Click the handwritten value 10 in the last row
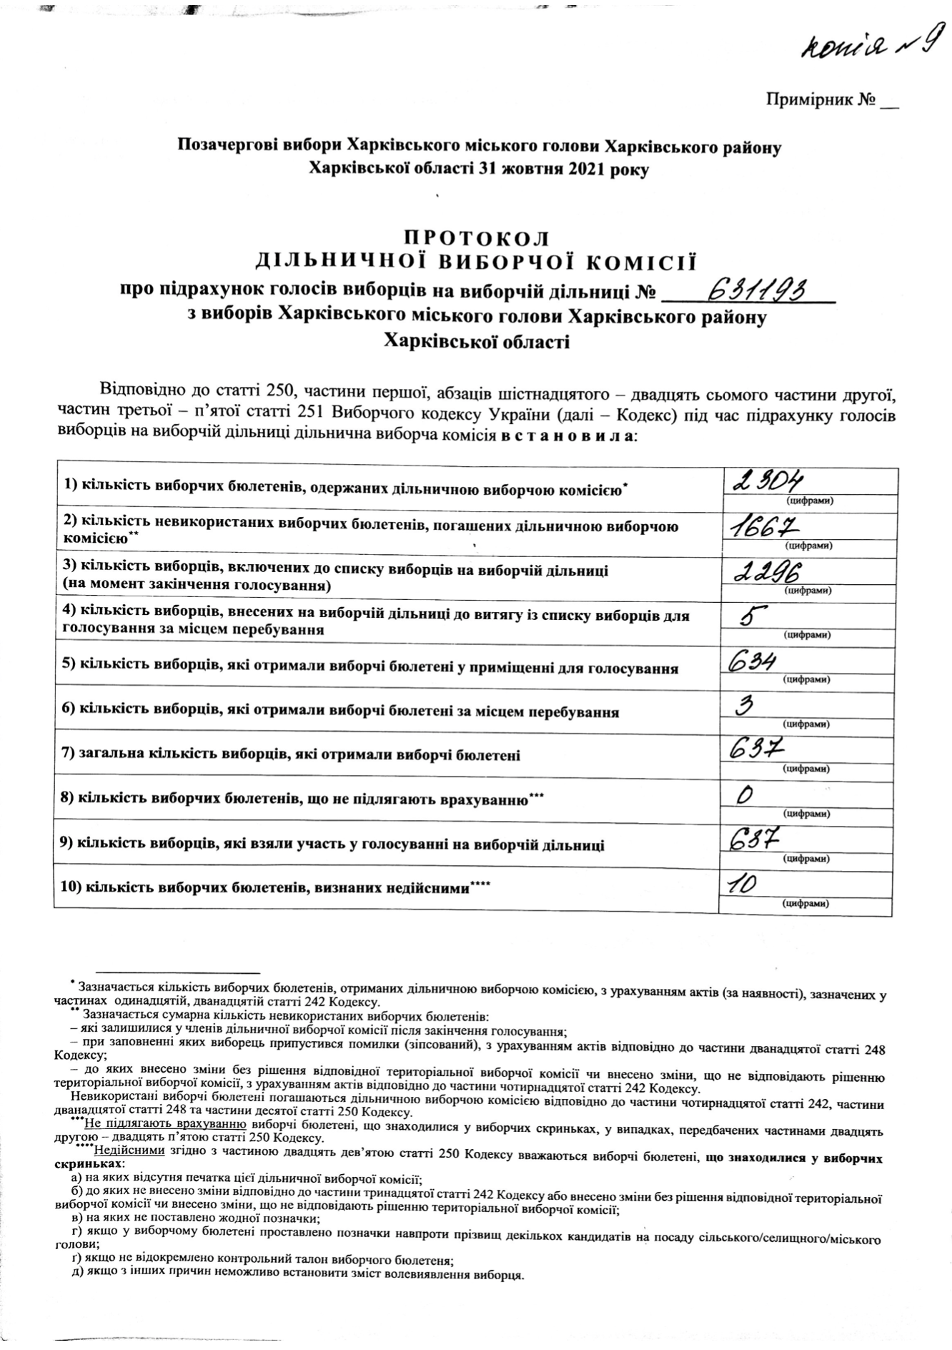(x=742, y=885)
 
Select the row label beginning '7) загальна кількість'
(x=291, y=755)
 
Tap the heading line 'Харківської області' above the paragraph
(x=477, y=343)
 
